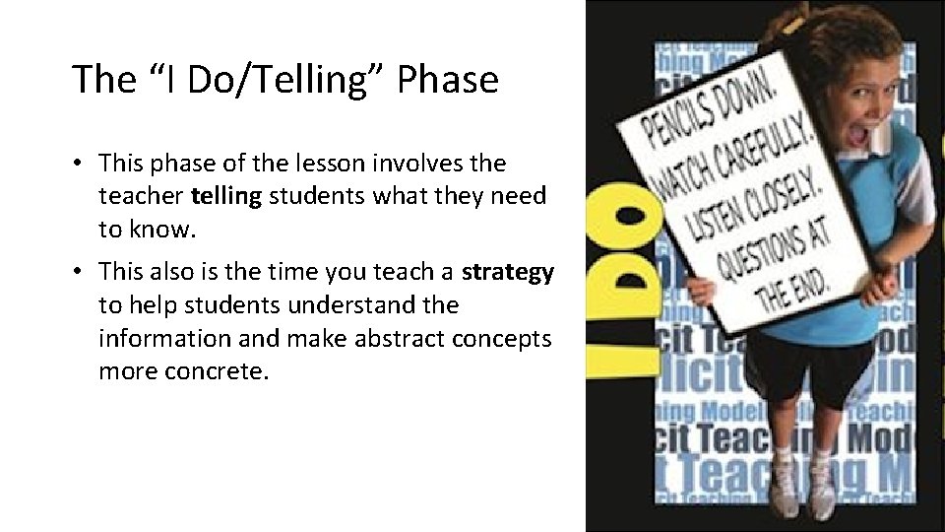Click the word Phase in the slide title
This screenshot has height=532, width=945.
(x=447, y=80)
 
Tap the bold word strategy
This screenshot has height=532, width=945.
(x=508, y=272)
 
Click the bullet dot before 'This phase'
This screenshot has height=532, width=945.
(x=78, y=163)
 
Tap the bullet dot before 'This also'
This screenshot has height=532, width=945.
(x=78, y=272)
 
